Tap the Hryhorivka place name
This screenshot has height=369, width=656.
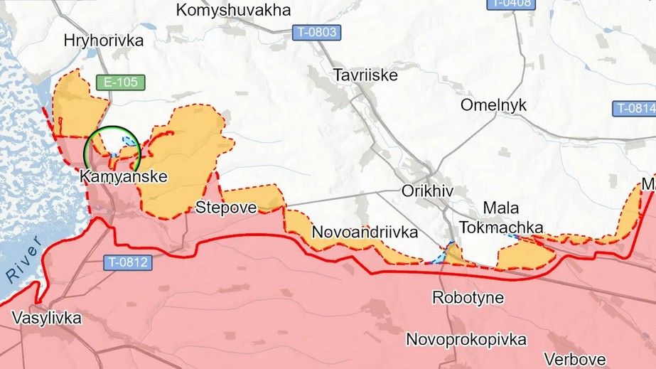coord(103,41)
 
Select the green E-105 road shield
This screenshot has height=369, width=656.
coord(120,82)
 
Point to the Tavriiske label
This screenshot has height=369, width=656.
coord(365,74)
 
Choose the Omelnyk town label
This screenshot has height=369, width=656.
coord(493,105)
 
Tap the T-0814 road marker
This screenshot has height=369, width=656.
coord(634,109)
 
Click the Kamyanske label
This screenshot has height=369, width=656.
coord(124,177)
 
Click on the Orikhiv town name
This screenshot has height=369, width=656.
coord(427,191)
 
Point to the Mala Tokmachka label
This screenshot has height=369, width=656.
coord(501,218)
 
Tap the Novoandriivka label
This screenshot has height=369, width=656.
coord(365,232)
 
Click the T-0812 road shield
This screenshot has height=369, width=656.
coord(129,262)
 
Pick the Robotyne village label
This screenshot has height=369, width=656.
coord(468,297)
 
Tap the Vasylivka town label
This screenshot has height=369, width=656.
coord(46,318)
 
